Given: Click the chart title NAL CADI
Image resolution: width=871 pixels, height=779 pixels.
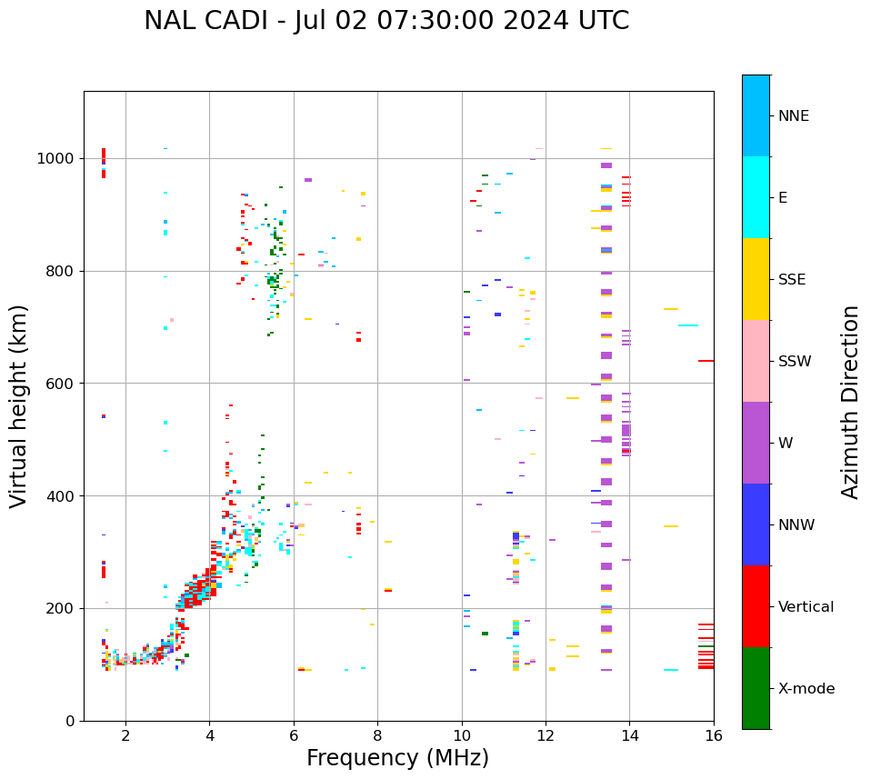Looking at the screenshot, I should [386, 21].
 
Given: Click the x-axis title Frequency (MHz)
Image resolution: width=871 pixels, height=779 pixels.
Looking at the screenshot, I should [397, 758].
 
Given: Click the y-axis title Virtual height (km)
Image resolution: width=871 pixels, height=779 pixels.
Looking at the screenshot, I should [19, 406].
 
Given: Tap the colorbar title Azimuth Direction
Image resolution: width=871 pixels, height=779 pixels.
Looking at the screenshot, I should [850, 402].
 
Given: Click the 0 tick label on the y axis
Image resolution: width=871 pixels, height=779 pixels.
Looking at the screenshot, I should [70, 721].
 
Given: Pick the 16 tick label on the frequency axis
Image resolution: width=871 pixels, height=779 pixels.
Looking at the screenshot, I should [714, 735].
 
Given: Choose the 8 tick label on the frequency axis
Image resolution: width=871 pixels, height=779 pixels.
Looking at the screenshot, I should [377, 735].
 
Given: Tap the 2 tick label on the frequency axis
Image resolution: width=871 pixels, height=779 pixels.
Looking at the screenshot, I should [125, 735].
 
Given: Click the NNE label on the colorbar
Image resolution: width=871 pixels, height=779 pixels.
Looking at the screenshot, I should [794, 116].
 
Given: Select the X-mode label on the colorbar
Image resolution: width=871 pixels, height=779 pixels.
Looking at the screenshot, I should [806, 689].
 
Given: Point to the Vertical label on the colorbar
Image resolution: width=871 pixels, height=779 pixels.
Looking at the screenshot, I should [806, 607].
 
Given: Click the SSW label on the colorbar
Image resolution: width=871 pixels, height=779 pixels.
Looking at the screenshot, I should [795, 362].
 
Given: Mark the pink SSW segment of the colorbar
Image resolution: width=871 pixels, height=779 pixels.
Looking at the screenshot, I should [756, 361].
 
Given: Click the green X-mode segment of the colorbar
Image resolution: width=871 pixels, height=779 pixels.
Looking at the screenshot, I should [756, 688].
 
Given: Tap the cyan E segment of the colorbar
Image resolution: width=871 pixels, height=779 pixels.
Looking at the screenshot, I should [756, 197].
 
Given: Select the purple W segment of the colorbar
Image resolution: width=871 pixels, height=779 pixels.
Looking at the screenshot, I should [756, 443].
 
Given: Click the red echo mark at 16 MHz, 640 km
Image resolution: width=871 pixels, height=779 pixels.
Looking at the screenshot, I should [706, 361].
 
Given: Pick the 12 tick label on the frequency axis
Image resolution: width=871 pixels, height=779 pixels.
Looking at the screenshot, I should [546, 735].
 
